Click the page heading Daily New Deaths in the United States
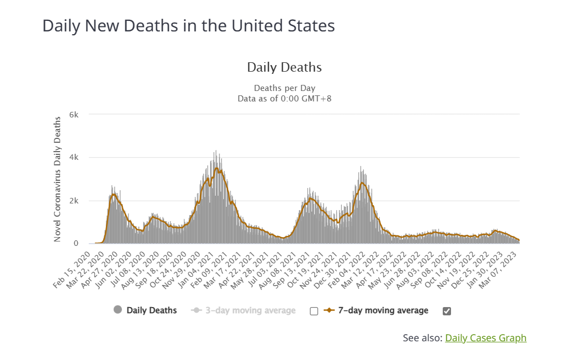click(189, 25)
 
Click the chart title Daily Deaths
click(284, 67)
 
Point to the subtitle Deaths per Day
click(284, 88)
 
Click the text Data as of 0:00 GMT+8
click(284, 99)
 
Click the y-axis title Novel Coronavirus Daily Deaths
click(57, 179)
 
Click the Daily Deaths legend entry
click(152, 310)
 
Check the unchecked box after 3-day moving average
click(314, 311)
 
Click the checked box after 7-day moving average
click(447, 311)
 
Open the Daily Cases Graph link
click(485, 338)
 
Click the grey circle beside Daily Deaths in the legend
click(117, 310)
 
